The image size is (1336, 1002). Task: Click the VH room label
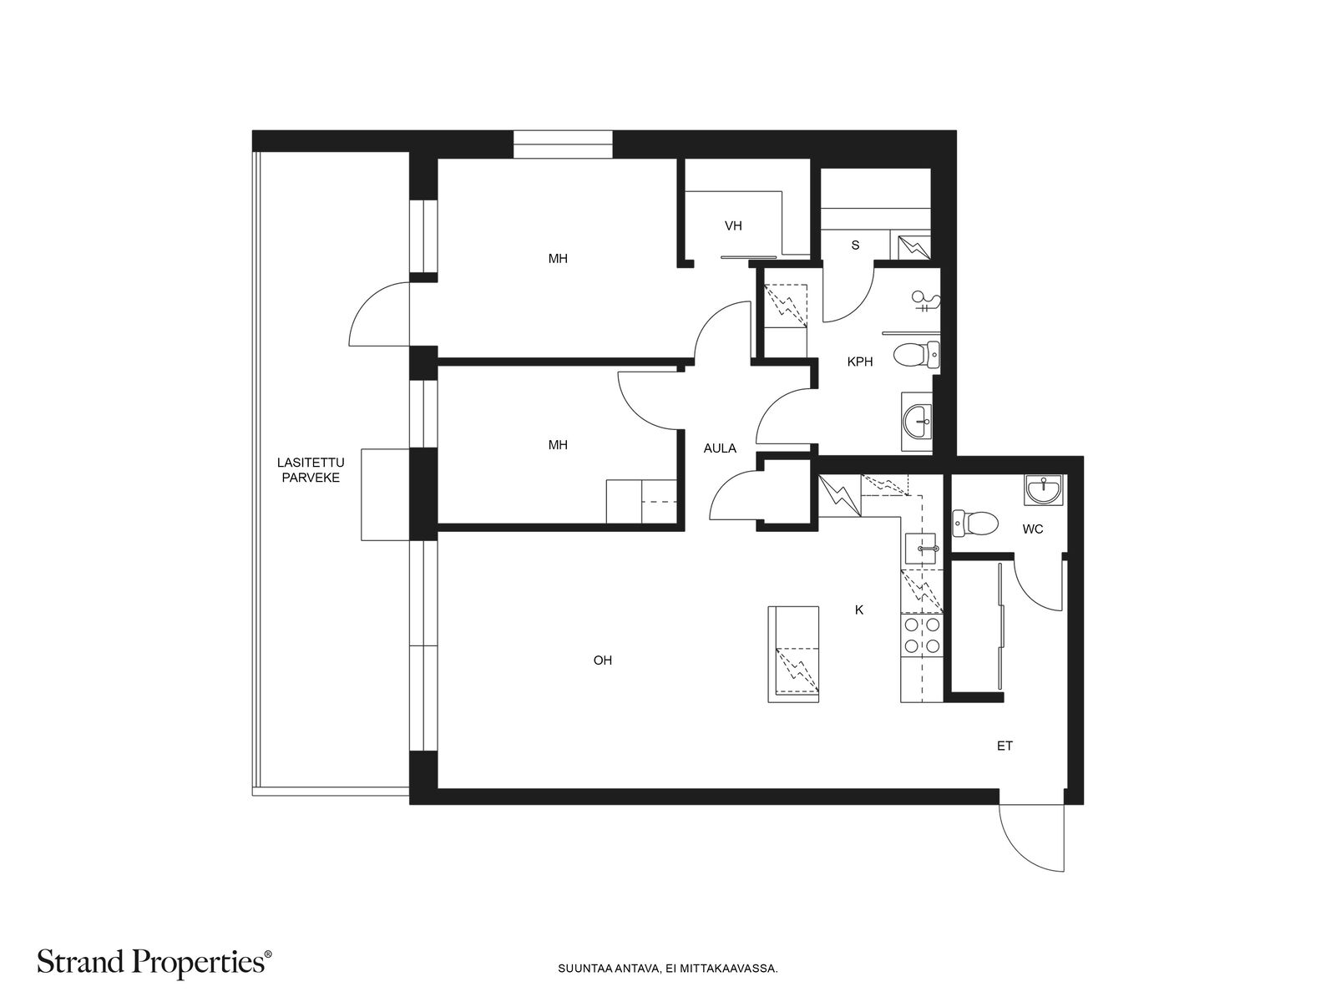tap(733, 226)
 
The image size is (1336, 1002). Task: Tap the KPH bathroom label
tap(859, 362)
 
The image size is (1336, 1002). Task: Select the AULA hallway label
tap(720, 448)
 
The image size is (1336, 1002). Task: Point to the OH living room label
tap(603, 660)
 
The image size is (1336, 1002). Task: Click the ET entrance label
tap(1005, 746)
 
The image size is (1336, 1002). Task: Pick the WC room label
tap(1033, 529)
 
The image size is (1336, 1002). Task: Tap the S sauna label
tap(855, 245)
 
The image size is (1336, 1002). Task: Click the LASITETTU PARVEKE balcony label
tap(311, 470)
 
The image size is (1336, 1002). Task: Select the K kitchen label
tap(859, 610)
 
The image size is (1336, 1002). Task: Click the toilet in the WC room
tap(975, 524)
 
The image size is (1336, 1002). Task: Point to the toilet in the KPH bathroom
tap(917, 355)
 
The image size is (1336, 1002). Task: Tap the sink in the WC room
tap(1043, 490)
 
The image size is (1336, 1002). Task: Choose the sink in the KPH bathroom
tap(916, 422)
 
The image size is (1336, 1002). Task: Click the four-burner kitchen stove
tap(922, 635)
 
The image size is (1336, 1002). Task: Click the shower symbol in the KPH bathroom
tap(926, 302)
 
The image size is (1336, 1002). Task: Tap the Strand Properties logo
tap(154, 962)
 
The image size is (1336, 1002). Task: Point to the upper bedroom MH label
tap(558, 259)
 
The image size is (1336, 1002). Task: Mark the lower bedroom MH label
tap(558, 445)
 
